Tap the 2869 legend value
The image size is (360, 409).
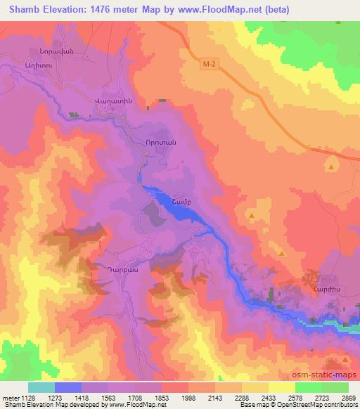[x=349, y=398]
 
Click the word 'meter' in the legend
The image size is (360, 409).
[x=10, y=398]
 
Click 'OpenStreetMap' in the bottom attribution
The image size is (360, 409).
[x=300, y=405]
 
